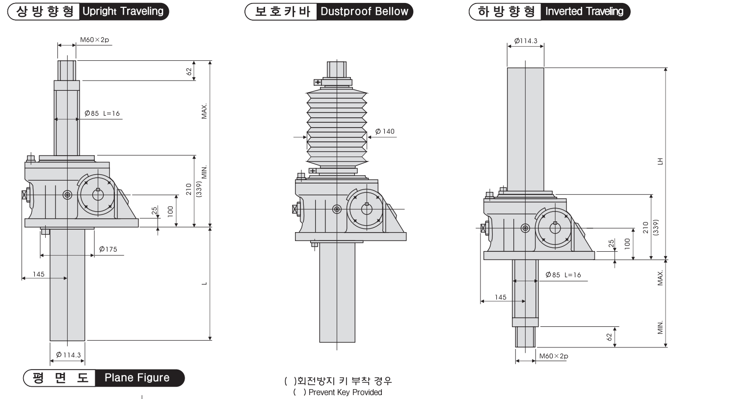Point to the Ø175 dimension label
click(x=108, y=249)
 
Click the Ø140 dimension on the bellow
click(x=385, y=132)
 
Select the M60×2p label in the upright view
click(x=94, y=40)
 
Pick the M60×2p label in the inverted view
click(x=553, y=356)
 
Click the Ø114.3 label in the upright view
click(x=68, y=355)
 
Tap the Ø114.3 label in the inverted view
click(x=526, y=41)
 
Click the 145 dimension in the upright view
click(x=39, y=274)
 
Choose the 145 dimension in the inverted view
click(x=500, y=297)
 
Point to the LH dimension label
click(x=661, y=161)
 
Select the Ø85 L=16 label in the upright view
click(x=102, y=113)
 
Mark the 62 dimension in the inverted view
click(x=610, y=337)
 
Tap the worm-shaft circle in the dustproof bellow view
click(x=366, y=209)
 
